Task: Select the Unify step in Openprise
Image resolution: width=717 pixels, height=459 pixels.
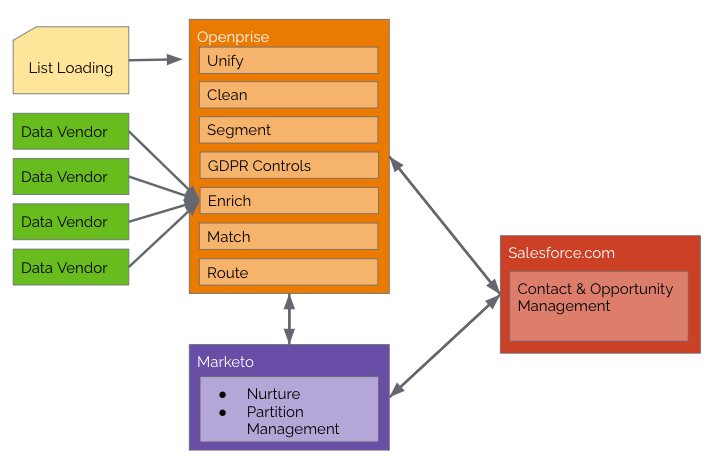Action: pyautogui.click(x=288, y=61)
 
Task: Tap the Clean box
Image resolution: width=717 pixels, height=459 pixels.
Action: pyautogui.click(x=288, y=95)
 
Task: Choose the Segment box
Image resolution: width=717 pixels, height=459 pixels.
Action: pyautogui.click(x=288, y=130)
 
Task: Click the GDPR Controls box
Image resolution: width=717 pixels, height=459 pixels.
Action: pyautogui.click(x=288, y=166)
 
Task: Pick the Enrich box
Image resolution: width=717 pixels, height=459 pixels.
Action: pyautogui.click(x=288, y=201)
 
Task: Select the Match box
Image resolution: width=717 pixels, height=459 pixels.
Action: pyautogui.click(x=288, y=237)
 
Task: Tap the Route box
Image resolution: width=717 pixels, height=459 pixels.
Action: pyautogui.click(x=288, y=272)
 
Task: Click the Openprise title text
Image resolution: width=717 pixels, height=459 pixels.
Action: pyautogui.click(x=233, y=37)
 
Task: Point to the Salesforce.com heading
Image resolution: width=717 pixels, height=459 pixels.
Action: pyautogui.click(x=561, y=253)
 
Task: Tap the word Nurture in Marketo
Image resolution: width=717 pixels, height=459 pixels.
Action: pyautogui.click(x=273, y=394)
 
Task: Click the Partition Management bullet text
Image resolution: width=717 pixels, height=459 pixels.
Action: pyautogui.click(x=293, y=420)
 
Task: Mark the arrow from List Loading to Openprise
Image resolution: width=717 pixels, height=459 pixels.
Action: pyautogui.click(x=156, y=60)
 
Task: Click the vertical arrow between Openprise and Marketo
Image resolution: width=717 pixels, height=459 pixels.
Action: pyautogui.click(x=289, y=319)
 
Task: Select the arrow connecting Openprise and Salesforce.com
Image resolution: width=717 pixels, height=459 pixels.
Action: pyautogui.click(x=444, y=225)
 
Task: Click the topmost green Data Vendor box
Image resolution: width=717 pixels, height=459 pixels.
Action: pyautogui.click(x=71, y=132)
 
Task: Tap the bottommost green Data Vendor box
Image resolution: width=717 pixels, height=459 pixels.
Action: pyautogui.click(x=71, y=268)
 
